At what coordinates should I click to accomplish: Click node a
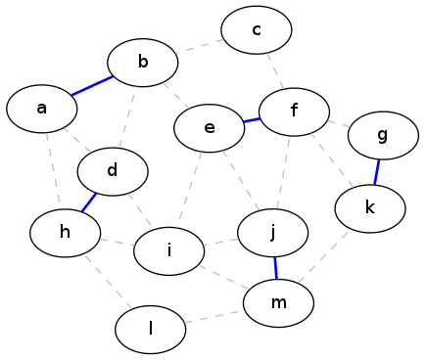pyautogui.click(x=42, y=109)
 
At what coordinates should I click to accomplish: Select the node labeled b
pyautogui.click(x=143, y=63)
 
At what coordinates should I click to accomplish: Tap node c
pyautogui.click(x=257, y=29)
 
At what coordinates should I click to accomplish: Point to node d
pyautogui.click(x=113, y=171)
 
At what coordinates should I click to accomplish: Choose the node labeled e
pyautogui.click(x=210, y=128)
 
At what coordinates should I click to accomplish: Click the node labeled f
pyautogui.click(x=294, y=112)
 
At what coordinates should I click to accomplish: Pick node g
pyautogui.click(x=383, y=135)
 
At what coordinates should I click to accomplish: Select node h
pyautogui.click(x=65, y=233)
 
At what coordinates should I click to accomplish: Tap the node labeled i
pyautogui.click(x=169, y=251)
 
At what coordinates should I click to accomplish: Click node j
pyautogui.click(x=273, y=233)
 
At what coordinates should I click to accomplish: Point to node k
pyautogui.click(x=370, y=208)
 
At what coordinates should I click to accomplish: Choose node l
pyautogui.click(x=151, y=330)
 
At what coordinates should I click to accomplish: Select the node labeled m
pyautogui.click(x=278, y=303)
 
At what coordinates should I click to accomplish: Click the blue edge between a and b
pyautogui.click(x=92, y=86)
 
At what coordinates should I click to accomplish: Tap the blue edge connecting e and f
pyautogui.click(x=252, y=120)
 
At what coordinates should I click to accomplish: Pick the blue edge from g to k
pyautogui.click(x=377, y=172)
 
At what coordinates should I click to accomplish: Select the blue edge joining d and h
pyautogui.click(x=89, y=202)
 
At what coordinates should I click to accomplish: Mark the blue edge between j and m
pyautogui.click(x=276, y=268)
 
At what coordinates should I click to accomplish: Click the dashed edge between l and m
pyautogui.click(x=214, y=317)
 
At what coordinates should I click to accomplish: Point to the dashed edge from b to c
pyautogui.click(x=200, y=46)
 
